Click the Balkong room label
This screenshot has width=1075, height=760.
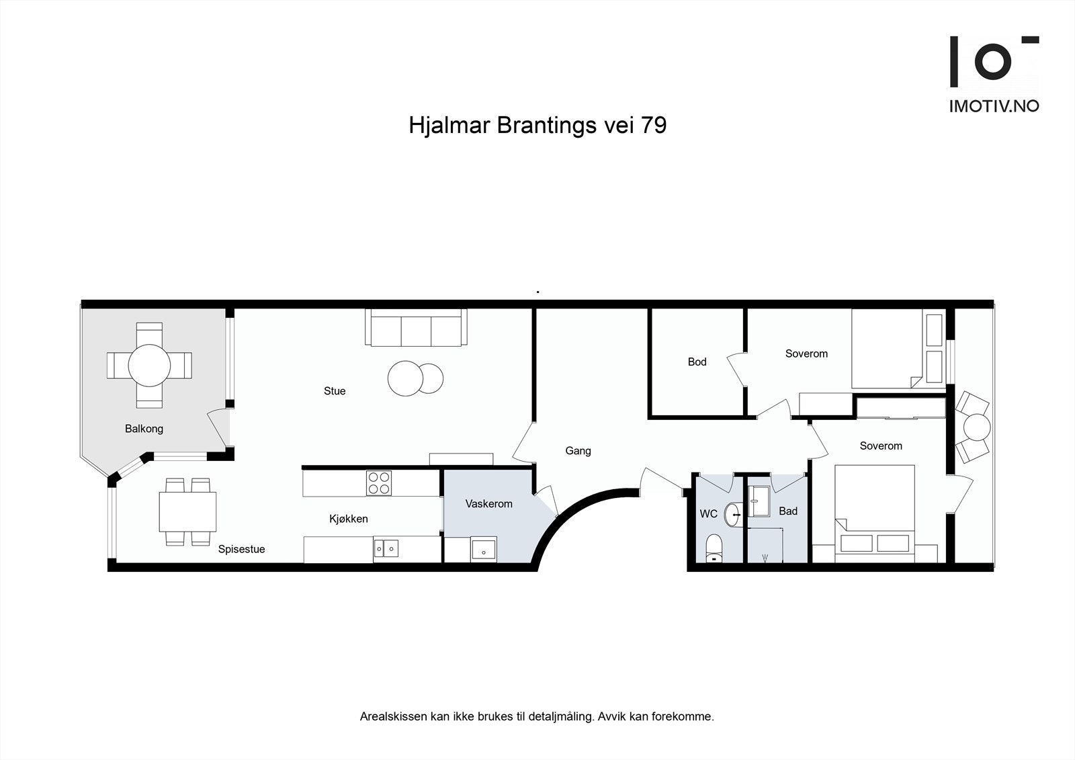coord(144,429)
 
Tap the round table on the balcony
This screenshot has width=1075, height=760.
coord(149,366)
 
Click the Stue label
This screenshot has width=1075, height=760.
coord(335,391)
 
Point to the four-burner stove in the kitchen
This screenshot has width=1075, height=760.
coord(378,483)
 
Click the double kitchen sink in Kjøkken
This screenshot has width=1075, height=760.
coord(386,549)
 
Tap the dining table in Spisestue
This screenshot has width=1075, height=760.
coord(187,511)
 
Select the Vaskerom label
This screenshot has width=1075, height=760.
coord(488,504)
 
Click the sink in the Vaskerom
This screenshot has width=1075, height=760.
coord(483,550)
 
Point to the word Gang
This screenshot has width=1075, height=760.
coord(578,451)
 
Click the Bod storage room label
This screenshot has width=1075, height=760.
coord(697,362)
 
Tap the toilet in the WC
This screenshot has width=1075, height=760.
coord(713,548)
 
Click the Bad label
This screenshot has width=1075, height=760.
coord(788,511)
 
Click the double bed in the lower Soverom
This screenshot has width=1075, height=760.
coord(873,511)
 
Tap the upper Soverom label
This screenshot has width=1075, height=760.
coord(806,353)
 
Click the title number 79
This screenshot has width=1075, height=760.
coord(653,126)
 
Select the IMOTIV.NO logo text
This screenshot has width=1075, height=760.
coord(994,106)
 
